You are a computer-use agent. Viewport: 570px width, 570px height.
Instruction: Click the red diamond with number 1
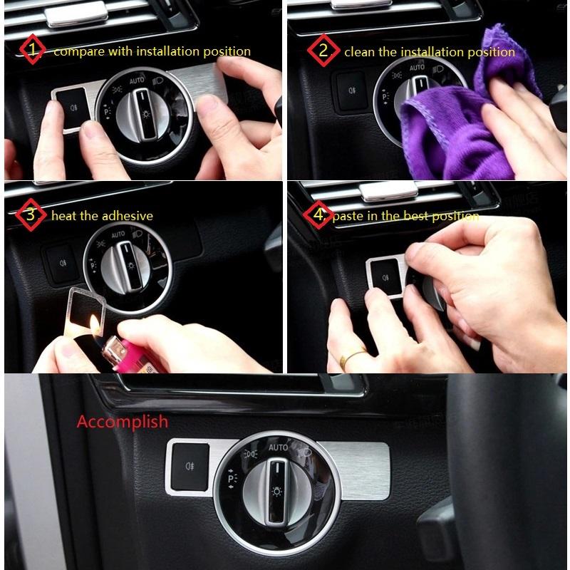(x=30, y=51)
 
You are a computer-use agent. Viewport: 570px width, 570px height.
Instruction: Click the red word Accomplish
(x=123, y=421)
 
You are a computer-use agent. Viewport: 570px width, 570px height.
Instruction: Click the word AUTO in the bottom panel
(x=279, y=447)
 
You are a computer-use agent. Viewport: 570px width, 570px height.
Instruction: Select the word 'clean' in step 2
(x=360, y=51)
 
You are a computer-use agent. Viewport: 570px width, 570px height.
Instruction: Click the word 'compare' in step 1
(x=76, y=51)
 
